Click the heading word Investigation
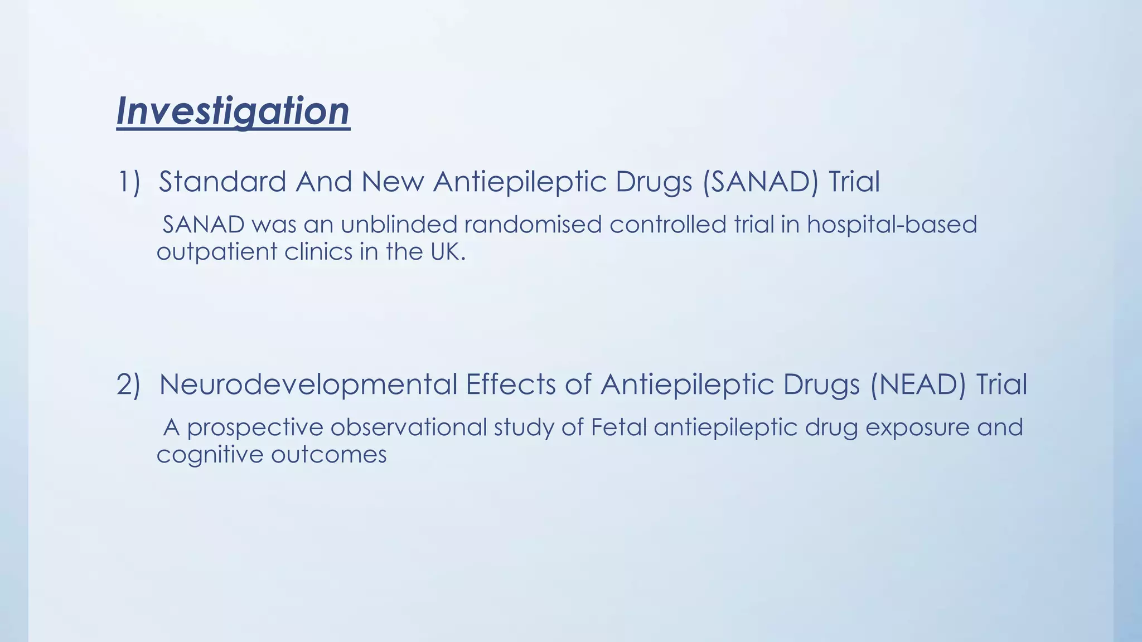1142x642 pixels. [233, 111]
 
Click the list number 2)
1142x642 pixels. [128, 385]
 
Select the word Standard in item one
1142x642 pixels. [222, 182]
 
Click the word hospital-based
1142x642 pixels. [892, 226]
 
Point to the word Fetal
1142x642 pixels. [618, 427]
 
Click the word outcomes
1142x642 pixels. [329, 455]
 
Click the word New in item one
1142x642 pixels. [393, 182]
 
